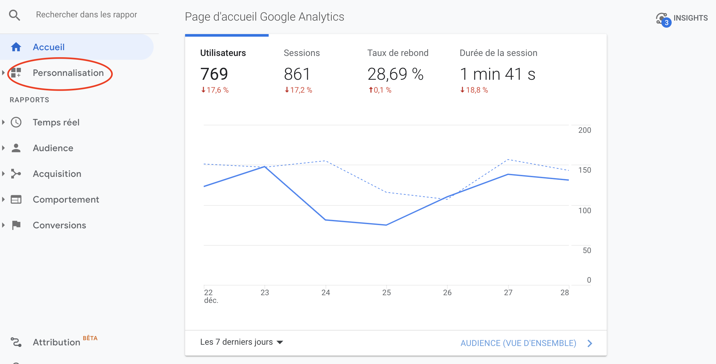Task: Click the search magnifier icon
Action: pos(14,15)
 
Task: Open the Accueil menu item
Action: pos(49,47)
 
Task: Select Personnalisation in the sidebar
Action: pos(68,73)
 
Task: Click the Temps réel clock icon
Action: pos(16,122)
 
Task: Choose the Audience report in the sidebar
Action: pos(53,148)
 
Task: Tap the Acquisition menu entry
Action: pos(57,174)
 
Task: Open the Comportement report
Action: pos(66,200)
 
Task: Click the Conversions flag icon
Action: pos(16,225)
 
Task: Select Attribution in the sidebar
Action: pos(57,342)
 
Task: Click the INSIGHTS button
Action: pos(682,18)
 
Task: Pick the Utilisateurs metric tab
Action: pos(223,53)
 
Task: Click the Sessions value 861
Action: pos(297,74)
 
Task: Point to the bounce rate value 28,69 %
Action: pos(395,74)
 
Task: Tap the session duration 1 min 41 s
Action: pos(497,74)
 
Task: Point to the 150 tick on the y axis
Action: pos(584,170)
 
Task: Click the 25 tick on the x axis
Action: pos(386,293)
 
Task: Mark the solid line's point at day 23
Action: pos(264,167)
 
